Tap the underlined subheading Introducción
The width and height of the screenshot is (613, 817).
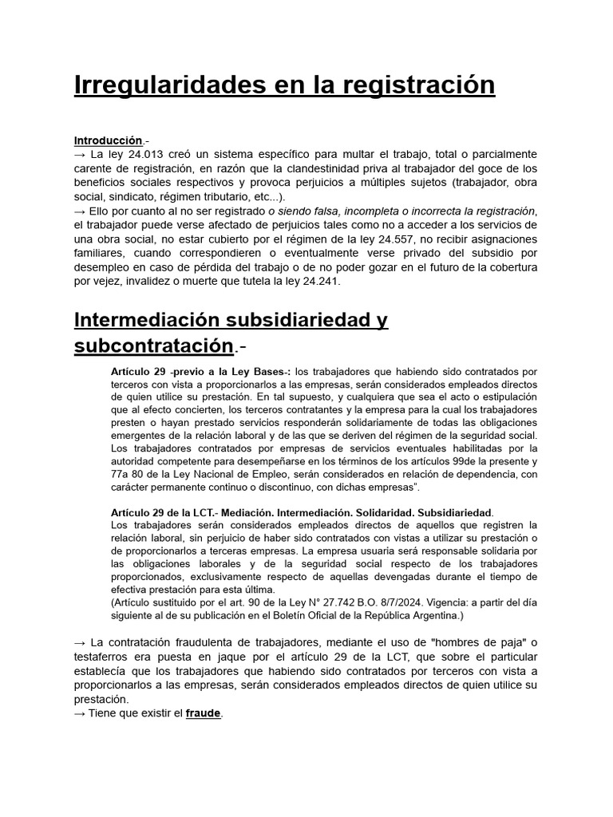click(x=109, y=140)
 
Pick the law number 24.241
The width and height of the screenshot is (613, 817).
click(x=321, y=281)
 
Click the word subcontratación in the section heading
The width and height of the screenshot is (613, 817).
click(x=154, y=346)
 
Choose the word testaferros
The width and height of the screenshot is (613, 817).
click(x=105, y=657)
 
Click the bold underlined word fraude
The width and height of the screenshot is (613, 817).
click(x=204, y=713)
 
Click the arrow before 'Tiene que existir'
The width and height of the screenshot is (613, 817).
click(x=80, y=713)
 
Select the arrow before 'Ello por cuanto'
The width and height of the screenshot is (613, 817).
click(x=80, y=211)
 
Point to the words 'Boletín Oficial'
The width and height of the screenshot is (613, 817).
click(x=345, y=616)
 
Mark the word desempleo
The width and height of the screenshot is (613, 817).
click(x=100, y=266)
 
